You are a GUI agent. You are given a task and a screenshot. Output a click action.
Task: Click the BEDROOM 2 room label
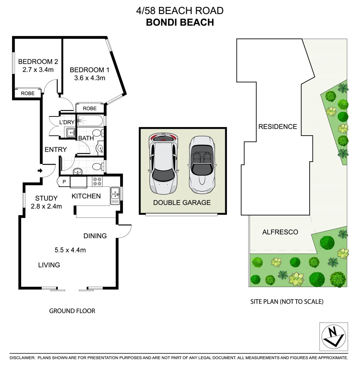38,62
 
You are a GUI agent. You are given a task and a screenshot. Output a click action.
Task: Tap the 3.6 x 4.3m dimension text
89,78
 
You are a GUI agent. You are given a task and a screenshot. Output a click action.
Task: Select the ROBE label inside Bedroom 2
28,93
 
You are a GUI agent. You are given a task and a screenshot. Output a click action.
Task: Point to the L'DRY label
67,122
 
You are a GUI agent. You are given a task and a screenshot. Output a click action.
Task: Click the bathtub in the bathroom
90,121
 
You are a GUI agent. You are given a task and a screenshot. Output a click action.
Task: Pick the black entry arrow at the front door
40,170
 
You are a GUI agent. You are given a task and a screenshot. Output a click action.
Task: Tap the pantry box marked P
64,182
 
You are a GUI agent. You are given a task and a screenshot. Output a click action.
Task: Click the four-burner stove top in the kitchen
97,181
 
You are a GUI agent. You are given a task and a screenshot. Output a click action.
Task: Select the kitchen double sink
114,193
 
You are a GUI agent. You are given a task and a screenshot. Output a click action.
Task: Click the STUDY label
47,198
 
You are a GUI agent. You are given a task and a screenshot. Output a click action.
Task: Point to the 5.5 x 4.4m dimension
70,250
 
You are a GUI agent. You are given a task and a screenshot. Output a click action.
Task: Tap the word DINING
95,236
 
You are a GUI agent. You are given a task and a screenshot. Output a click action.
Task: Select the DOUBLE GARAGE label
182,202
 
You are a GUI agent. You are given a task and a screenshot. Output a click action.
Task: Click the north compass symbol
333,336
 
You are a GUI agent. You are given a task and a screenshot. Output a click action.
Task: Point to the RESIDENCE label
278,126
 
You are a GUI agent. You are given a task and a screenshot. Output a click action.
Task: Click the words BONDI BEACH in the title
180,22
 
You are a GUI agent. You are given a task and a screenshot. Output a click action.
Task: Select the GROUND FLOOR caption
72,311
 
